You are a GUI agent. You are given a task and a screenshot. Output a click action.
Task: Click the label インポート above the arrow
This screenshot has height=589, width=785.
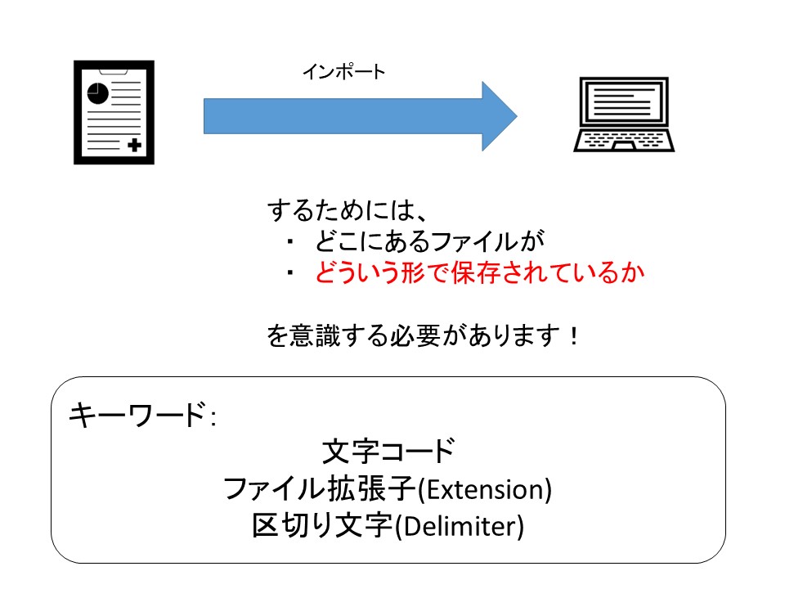tap(343, 72)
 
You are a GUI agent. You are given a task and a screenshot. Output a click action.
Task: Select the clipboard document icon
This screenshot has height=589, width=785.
tap(114, 113)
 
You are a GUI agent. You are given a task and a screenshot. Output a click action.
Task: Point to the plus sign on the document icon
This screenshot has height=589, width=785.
tap(133, 146)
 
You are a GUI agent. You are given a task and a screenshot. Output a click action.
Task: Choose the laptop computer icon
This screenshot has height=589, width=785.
tap(625, 114)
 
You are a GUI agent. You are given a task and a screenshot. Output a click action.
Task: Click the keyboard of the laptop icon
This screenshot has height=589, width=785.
tap(625, 140)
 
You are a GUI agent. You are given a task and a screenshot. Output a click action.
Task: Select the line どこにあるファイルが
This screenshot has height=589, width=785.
tap(428, 241)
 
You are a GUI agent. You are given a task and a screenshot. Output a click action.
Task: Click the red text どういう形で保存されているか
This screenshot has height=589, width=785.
tap(479, 273)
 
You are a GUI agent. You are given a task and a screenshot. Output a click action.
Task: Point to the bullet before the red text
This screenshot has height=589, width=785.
tap(290, 274)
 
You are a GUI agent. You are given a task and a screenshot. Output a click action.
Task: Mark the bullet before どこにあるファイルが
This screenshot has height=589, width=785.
tap(290, 242)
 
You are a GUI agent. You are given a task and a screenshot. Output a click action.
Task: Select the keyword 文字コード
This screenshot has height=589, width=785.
tap(388, 451)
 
